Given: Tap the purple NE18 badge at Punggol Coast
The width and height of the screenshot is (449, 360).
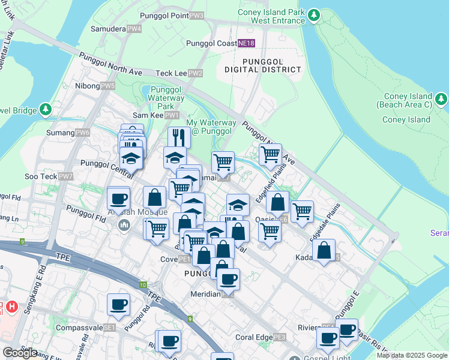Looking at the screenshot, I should click(246, 43).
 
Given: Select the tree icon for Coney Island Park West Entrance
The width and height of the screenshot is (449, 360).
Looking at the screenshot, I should click(313, 15).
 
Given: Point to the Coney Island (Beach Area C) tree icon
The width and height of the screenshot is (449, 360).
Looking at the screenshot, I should click(441, 100).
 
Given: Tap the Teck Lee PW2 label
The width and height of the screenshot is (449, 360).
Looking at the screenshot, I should click(179, 73).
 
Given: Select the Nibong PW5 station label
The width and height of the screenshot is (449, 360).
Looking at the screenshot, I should click(95, 86).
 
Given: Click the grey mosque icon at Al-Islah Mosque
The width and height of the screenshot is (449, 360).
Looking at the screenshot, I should click(124, 225).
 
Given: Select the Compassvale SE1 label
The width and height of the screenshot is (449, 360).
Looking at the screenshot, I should click(85, 328).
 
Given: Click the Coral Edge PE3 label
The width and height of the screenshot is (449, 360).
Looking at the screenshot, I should click(261, 337).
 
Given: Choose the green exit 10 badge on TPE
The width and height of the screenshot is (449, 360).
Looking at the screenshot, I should click(143, 285).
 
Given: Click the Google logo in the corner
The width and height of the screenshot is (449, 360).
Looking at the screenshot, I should click(20, 353).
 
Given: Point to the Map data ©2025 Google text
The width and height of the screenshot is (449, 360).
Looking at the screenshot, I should click(412, 355).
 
